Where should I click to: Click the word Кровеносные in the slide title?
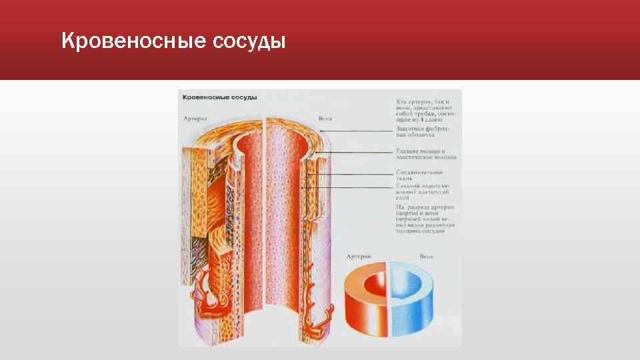[133, 42]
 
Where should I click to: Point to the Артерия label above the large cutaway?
[195, 119]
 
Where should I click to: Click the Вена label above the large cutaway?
[325, 119]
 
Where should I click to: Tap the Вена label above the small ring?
[426, 256]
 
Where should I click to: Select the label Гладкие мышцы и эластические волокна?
[425, 154]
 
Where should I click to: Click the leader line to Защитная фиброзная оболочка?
[360, 132]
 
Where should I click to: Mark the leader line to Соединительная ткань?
[353, 175]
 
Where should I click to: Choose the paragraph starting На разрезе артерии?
[424, 219]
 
